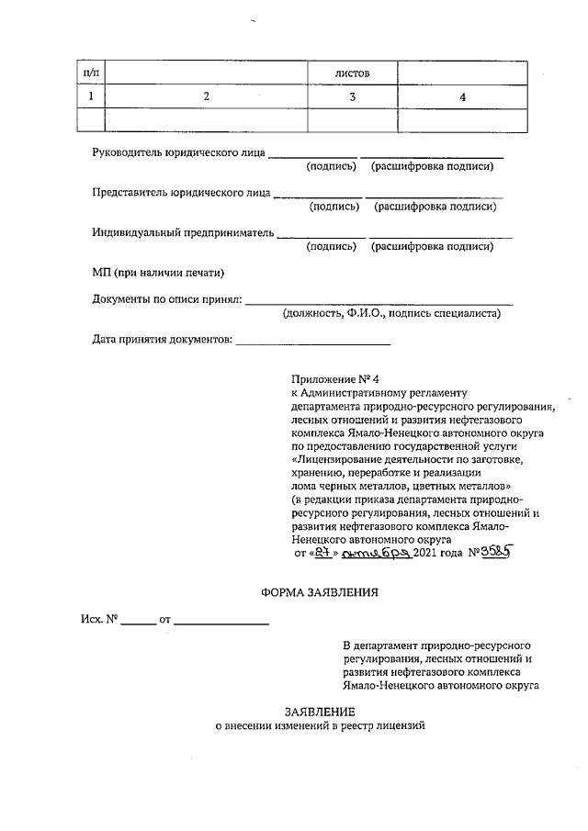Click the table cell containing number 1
(x=90, y=96)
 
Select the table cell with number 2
(x=206, y=96)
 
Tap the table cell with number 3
(x=352, y=96)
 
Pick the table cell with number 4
(x=462, y=96)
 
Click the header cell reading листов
(x=352, y=73)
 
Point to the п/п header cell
(x=90, y=73)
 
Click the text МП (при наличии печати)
(x=158, y=273)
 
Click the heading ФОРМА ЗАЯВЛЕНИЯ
(x=320, y=592)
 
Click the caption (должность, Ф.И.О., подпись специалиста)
(x=392, y=314)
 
